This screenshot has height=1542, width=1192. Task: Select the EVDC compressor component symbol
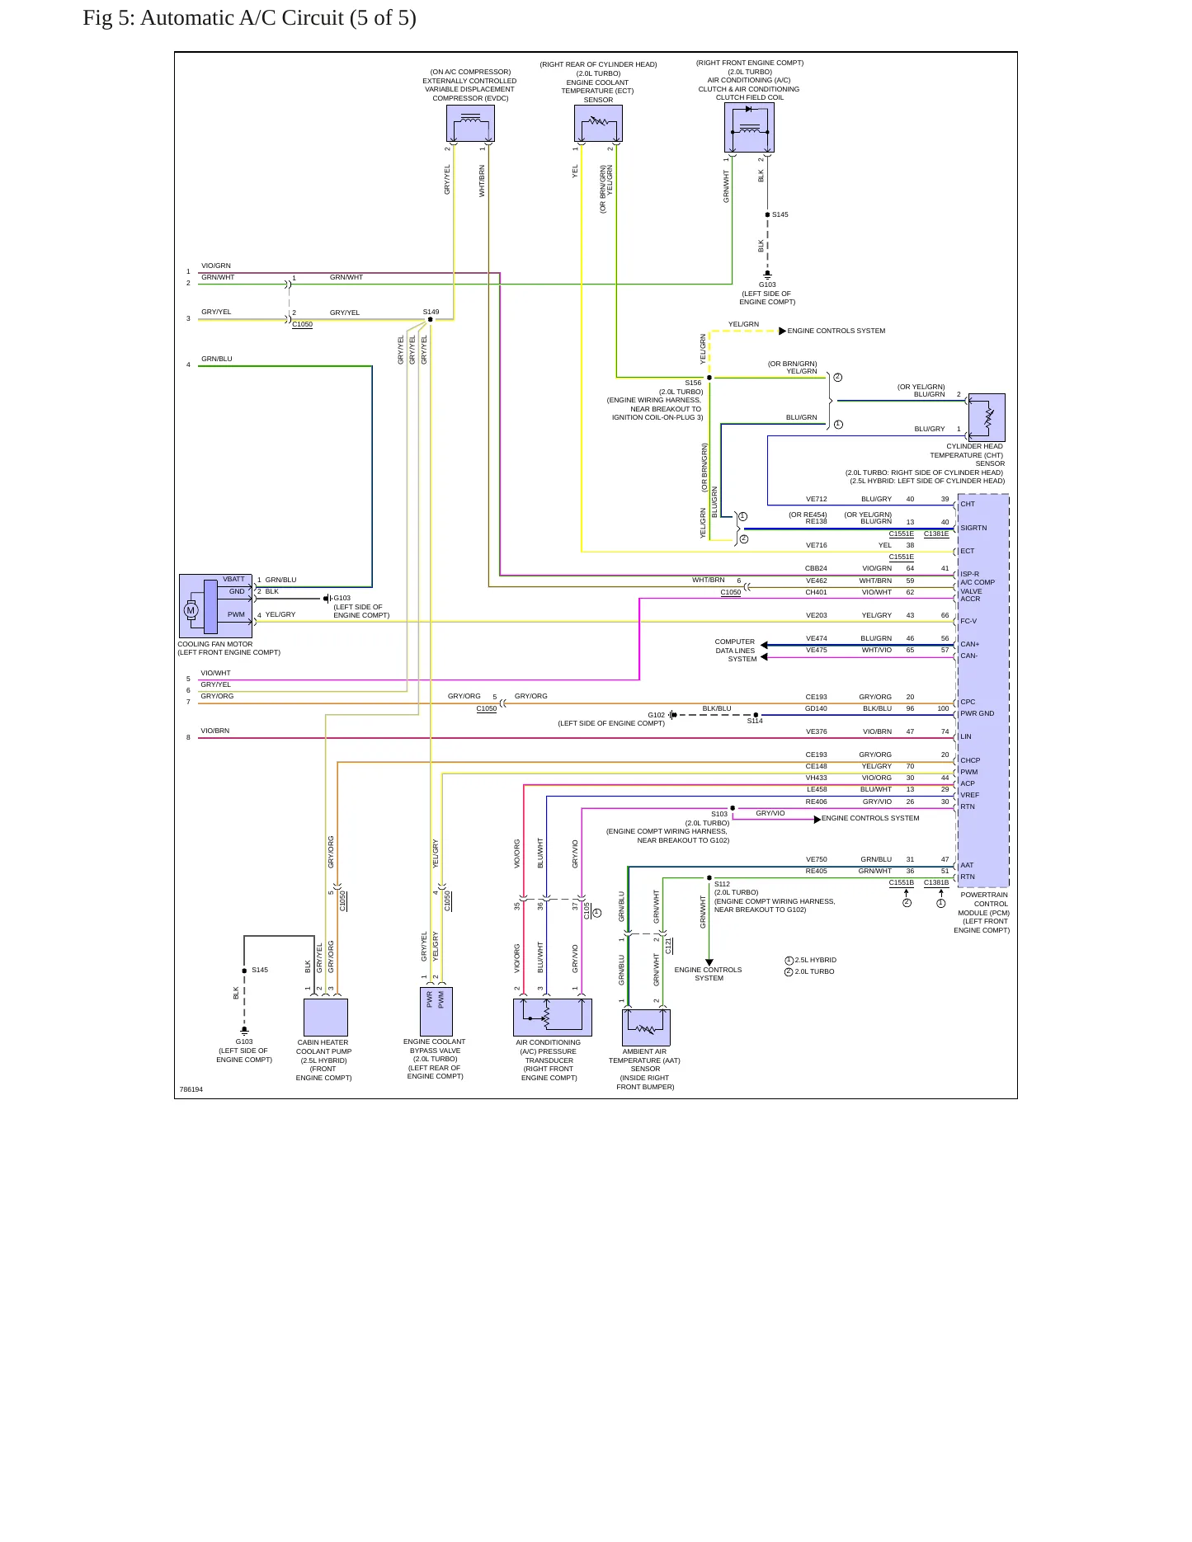(470, 124)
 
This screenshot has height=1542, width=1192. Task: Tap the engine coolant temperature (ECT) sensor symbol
(598, 124)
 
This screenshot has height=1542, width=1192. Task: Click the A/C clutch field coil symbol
(750, 128)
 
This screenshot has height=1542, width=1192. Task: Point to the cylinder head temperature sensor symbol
(987, 417)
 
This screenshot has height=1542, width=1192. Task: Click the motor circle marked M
(191, 610)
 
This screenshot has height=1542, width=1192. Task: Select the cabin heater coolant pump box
(326, 1017)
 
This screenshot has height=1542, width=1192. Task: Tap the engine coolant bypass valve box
(436, 1011)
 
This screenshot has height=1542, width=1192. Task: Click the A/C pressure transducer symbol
(553, 1017)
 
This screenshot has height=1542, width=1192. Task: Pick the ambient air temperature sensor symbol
(646, 1027)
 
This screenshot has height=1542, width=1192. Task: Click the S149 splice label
(431, 312)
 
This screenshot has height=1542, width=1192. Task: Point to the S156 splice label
(693, 383)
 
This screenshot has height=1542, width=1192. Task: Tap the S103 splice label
(719, 814)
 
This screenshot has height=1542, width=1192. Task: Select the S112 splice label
(722, 884)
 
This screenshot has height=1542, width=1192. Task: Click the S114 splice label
(755, 721)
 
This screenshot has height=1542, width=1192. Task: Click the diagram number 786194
(191, 1089)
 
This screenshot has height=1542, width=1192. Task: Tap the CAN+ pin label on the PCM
(969, 644)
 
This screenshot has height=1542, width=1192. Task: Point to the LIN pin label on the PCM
(965, 736)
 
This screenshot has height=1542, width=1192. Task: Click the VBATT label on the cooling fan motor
(233, 579)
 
